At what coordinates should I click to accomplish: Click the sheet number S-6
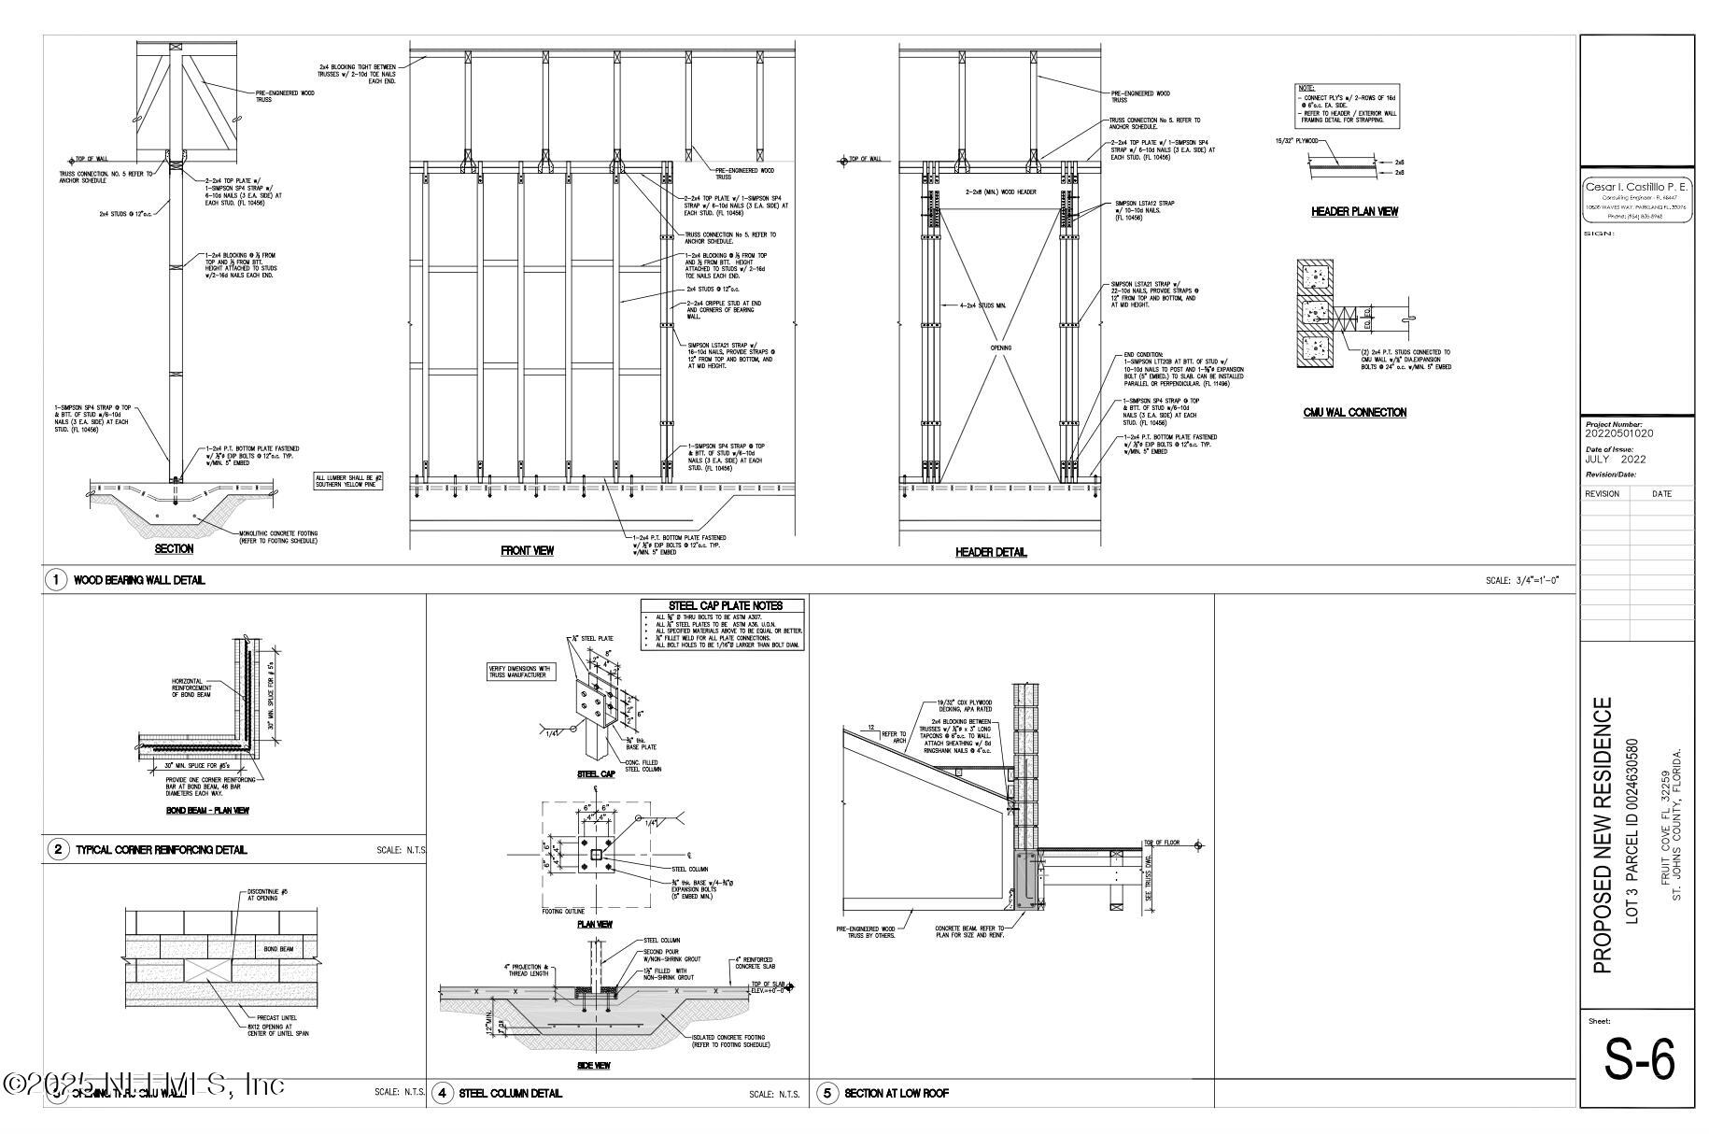coord(1639,1059)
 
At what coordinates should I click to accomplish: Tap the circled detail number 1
coord(56,580)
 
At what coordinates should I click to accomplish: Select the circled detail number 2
coord(59,849)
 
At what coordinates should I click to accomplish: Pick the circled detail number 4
coord(442,1093)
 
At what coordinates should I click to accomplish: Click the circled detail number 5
coord(827,1093)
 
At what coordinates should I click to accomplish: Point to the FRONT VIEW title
coord(527,551)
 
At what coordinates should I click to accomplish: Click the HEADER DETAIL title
coord(991,552)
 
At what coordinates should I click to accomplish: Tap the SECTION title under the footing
coord(174,549)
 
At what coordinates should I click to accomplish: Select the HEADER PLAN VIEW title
coord(1354,212)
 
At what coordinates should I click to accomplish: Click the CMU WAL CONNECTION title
coord(1354,412)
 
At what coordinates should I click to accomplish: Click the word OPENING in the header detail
coord(1000,347)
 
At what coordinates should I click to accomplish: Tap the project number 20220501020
coord(1619,433)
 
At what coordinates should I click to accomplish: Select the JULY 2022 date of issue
coord(1616,459)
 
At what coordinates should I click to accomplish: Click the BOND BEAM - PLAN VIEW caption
coord(207,811)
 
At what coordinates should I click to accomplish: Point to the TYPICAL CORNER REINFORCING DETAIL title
coord(161,850)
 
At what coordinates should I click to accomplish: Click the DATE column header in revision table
coord(1661,493)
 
